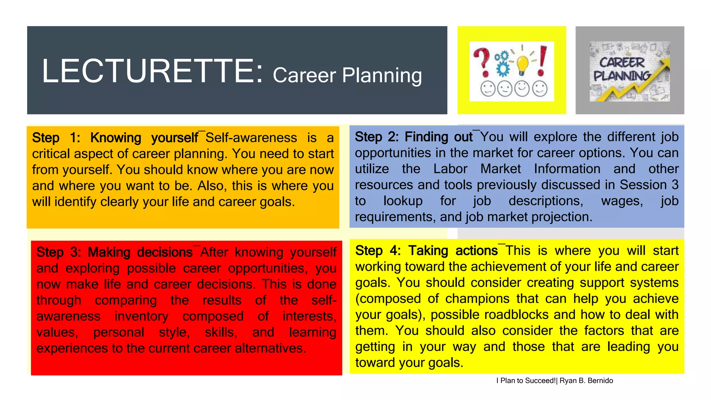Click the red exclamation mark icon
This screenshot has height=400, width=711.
(x=542, y=61)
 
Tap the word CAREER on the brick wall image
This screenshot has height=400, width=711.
(x=621, y=62)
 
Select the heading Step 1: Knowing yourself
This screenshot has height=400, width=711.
(x=115, y=138)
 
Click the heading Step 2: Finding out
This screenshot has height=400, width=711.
(x=413, y=137)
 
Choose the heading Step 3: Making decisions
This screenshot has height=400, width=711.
(x=114, y=252)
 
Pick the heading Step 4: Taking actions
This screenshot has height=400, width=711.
(x=427, y=251)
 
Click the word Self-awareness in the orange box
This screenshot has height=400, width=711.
(x=251, y=138)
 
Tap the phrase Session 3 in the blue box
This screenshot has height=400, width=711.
(x=649, y=185)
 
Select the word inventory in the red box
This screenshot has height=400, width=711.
(x=141, y=316)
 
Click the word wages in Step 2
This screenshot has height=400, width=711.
(x=621, y=201)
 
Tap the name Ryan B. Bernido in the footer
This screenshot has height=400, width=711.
(x=586, y=381)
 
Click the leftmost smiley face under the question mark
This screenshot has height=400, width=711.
(x=488, y=89)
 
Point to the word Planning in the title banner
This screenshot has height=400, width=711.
(x=382, y=75)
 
